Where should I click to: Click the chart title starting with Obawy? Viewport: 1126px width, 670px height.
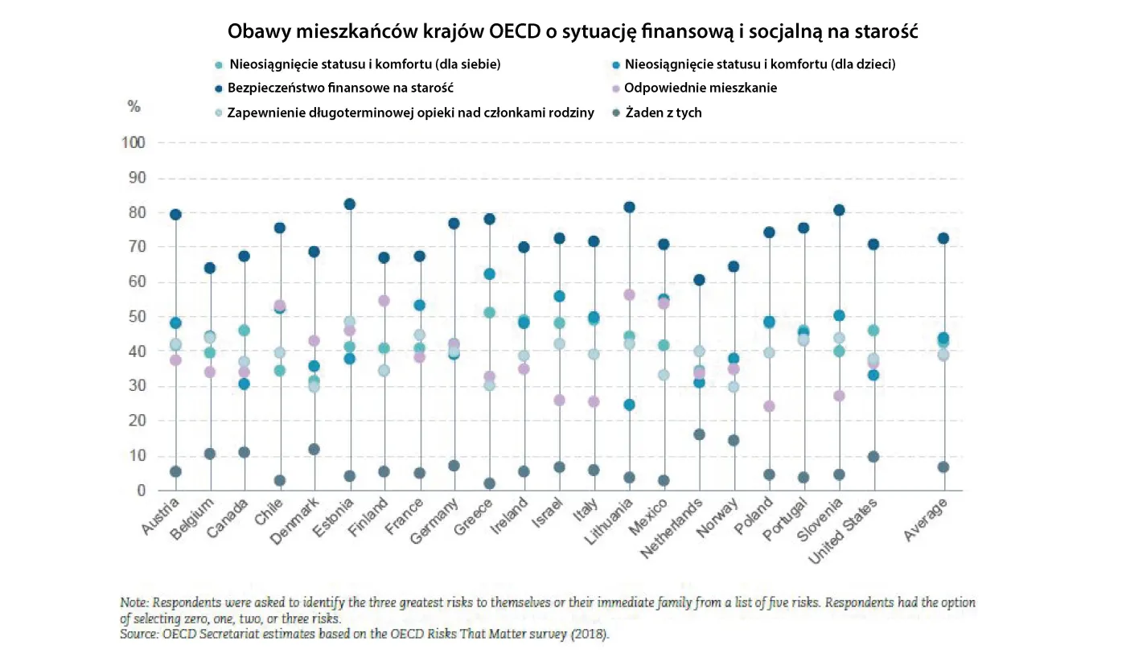pos(573,31)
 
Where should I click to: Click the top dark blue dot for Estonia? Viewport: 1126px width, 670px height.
pos(349,204)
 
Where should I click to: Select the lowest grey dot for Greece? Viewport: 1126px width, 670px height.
pos(489,483)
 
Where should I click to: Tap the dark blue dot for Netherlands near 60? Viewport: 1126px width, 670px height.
pos(699,280)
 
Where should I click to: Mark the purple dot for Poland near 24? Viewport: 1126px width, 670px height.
pos(769,406)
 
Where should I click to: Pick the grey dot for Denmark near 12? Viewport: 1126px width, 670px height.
pos(314,449)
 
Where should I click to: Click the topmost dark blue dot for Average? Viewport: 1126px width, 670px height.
pos(943,238)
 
